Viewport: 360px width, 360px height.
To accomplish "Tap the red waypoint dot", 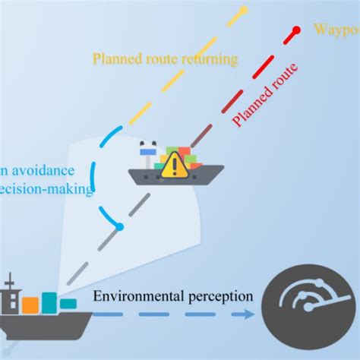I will tap(296, 33).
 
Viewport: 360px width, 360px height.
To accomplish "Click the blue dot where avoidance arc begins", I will tap(119, 227).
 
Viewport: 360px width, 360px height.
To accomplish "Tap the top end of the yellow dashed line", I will tap(243, 10).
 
